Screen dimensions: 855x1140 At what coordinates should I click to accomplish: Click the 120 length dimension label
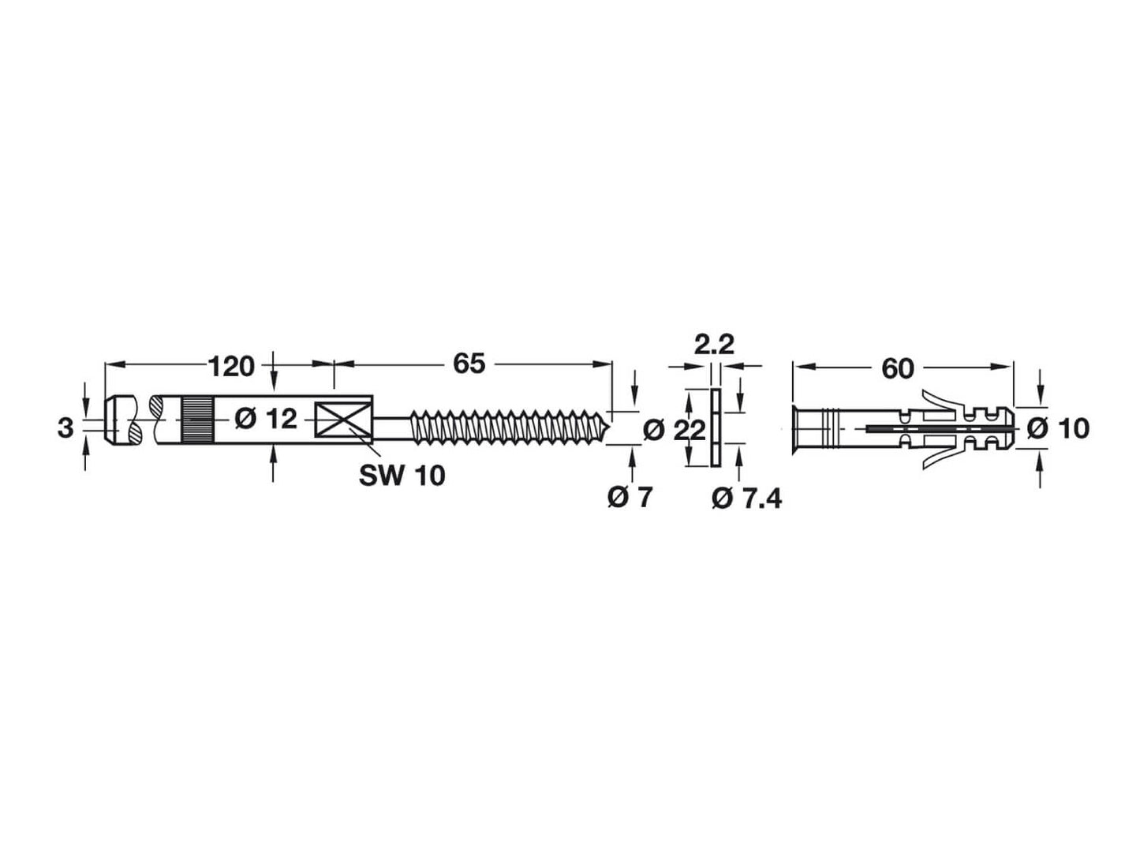[231, 366]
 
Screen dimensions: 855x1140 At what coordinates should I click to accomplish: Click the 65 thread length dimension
[468, 364]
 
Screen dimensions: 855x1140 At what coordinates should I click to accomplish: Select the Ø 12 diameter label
[267, 419]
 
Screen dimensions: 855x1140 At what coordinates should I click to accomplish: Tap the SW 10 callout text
[402, 475]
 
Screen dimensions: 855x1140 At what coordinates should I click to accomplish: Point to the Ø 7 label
[630, 498]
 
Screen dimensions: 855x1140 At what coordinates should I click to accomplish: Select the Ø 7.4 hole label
[746, 498]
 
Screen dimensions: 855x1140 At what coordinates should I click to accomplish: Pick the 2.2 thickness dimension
[714, 345]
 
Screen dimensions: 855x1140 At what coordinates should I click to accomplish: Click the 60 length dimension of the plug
[897, 368]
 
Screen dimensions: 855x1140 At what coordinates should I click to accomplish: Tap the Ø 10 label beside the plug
[1058, 428]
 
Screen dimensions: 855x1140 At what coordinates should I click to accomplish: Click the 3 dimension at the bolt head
[65, 428]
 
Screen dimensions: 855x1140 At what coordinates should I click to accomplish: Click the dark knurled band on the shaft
[198, 419]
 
